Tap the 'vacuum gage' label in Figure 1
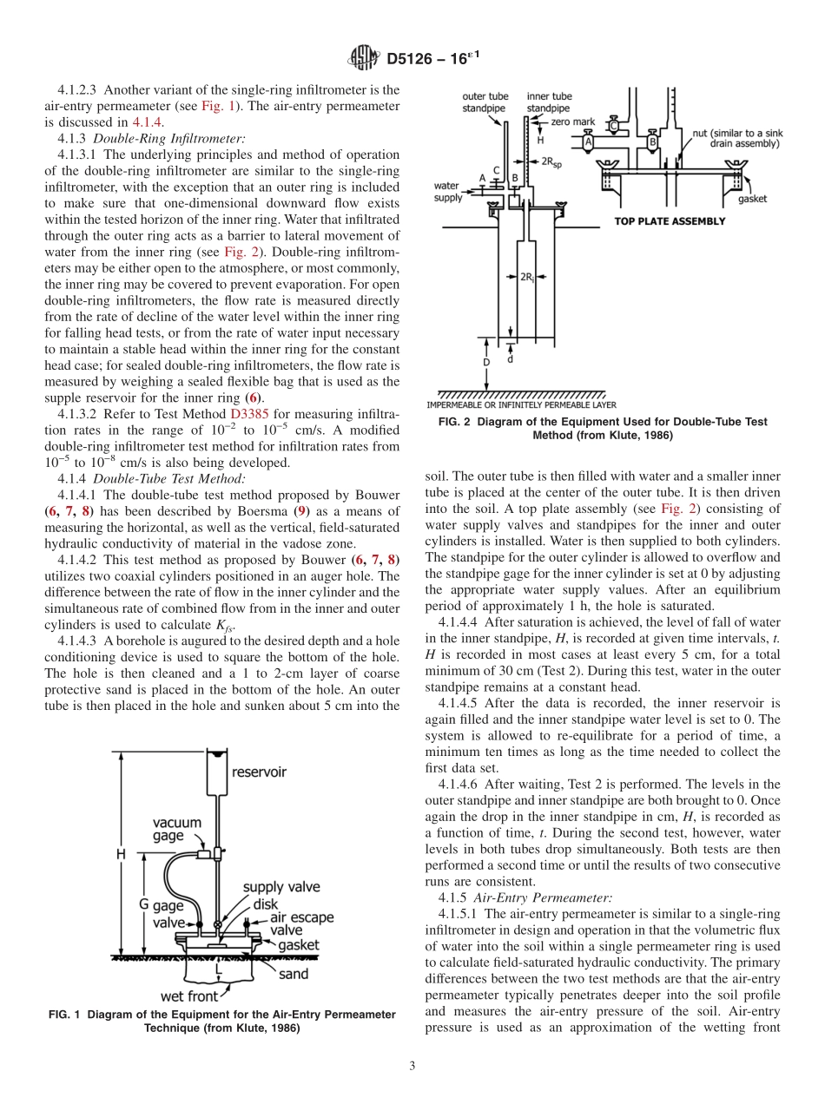pyautogui.click(x=177, y=829)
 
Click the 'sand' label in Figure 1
pyautogui.click(x=293, y=974)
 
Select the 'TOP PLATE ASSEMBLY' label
pyautogui.click(x=670, y=221)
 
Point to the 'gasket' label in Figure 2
pyautogui.click(x=752, y=199)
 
